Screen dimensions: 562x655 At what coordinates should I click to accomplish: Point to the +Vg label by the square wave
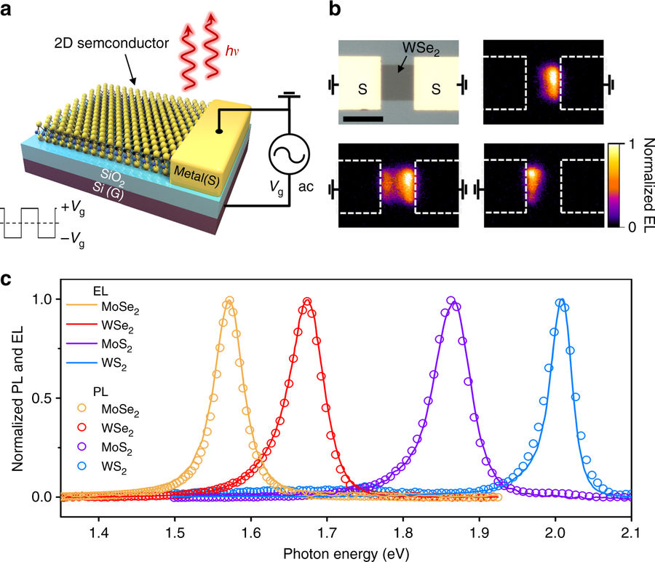[76, 208]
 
